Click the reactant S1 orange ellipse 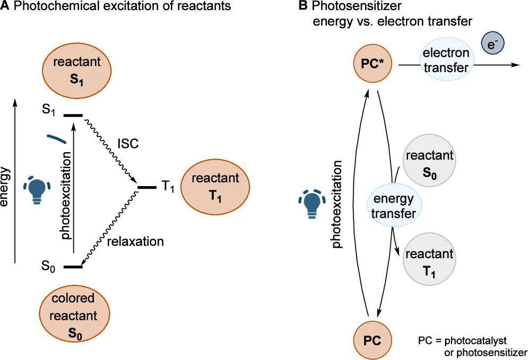tap(77, 72)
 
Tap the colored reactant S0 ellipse tap(74, 315)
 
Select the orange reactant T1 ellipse tap(215, 187)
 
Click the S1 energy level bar tap(73, 116)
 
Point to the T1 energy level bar tap(147, 187)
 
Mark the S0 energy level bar tap(73, 267)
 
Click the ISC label tap(128, 144)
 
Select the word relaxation tap(135, 242)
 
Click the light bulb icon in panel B tap(312, 204)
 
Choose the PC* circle tap(373, 64)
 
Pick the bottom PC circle tap(373, 340)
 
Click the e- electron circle tap(492, 45)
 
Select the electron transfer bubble tap(446, 60)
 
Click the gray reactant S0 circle tap(430, 164)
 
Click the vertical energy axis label tap(5, 187)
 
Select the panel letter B tap(302, 6)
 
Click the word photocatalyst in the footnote tap(475, 341)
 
